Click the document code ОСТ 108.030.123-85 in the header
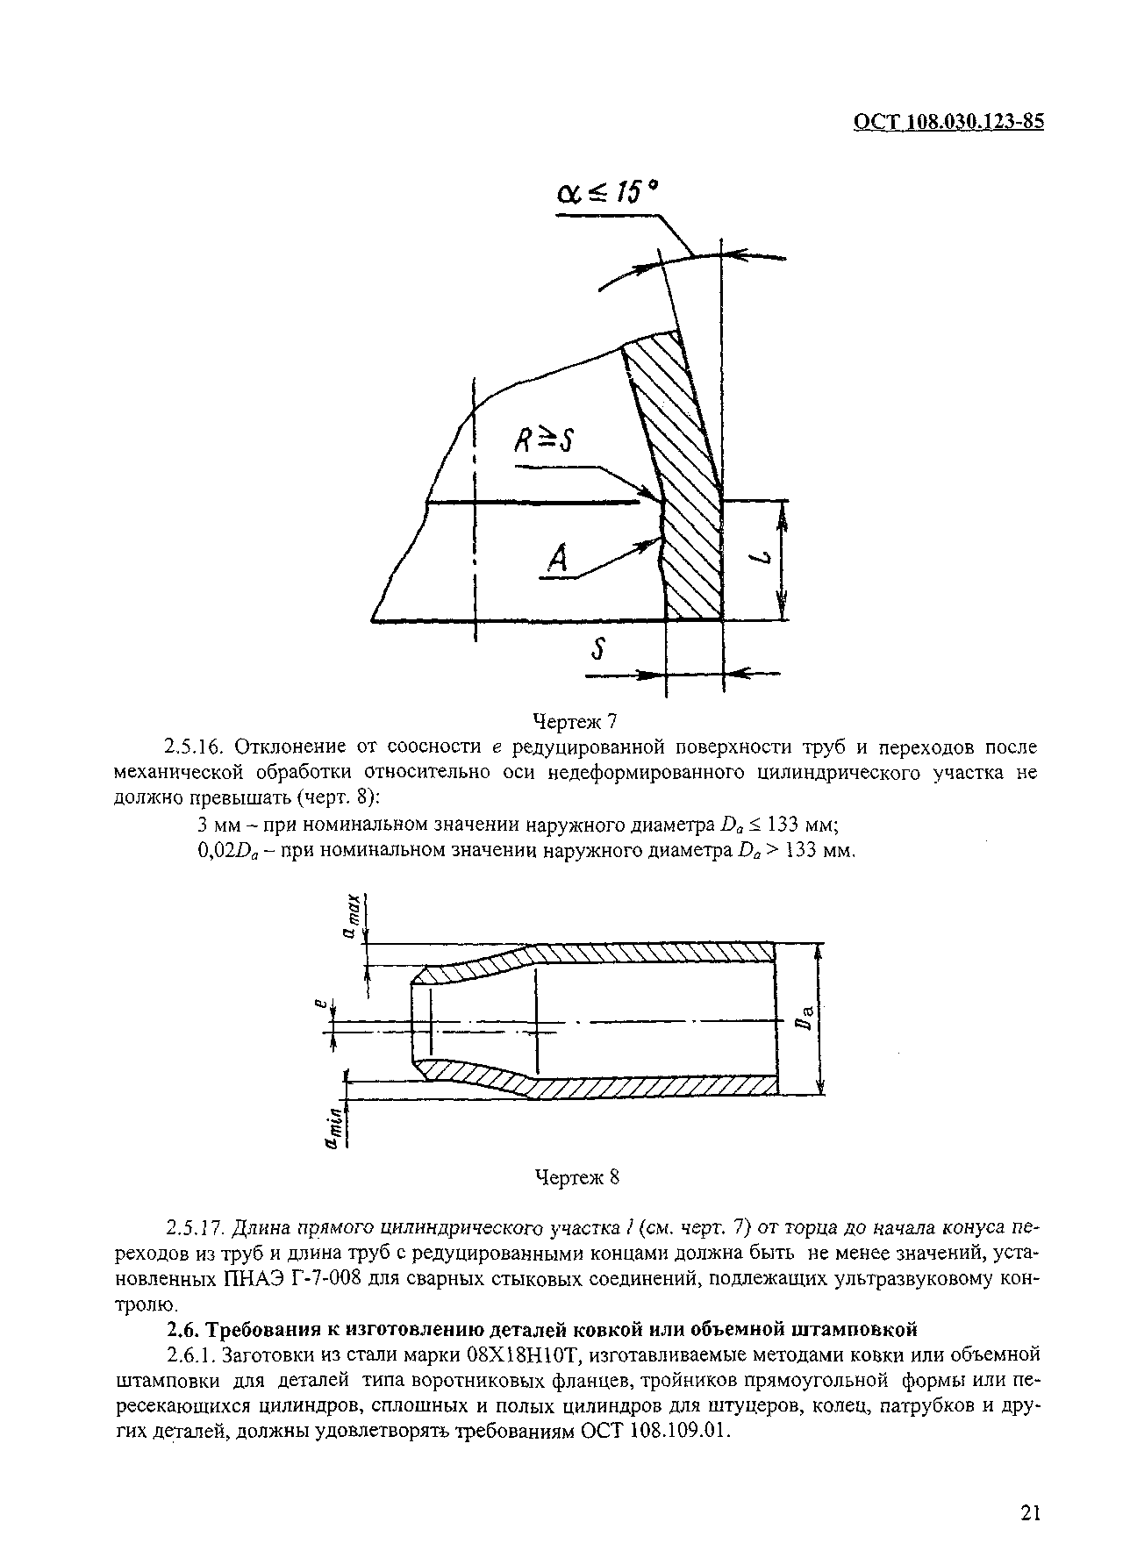[948, 122]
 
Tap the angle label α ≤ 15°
[606, 192]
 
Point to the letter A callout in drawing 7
[557, 560]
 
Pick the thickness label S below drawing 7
[601, 650]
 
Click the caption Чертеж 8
[576, 1177]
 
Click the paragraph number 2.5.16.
[197, 747]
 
